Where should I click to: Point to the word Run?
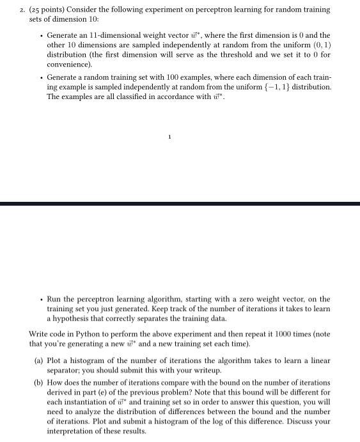(54, 299)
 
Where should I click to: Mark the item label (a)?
(38, 360)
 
